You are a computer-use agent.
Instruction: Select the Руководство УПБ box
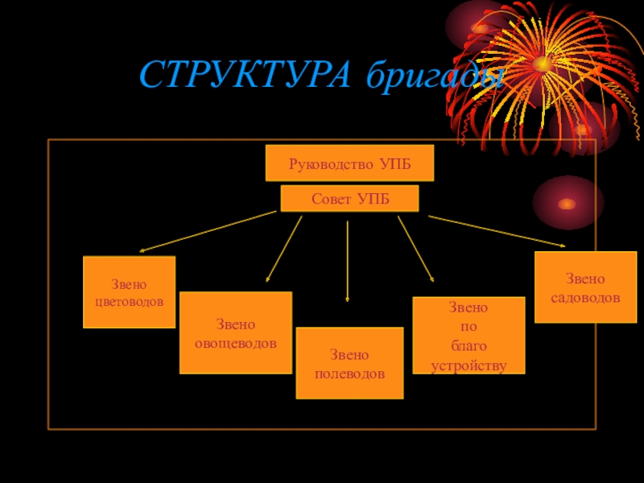(349, 163)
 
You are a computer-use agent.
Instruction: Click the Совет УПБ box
(349, 198)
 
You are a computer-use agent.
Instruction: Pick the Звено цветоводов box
(129, 292)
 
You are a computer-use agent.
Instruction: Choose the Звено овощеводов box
(235, 332)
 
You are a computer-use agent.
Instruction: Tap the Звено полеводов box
(349, 363)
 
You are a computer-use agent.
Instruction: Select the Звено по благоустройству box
(469, 336)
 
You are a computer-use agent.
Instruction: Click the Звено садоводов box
(585, 287)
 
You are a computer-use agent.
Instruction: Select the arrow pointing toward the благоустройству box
(415, 248)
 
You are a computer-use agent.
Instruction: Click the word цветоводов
(129, 302)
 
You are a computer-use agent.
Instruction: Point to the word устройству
(469, 365)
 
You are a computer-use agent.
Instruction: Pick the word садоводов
(585, 297)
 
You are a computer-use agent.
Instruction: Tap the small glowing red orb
(568, 203)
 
